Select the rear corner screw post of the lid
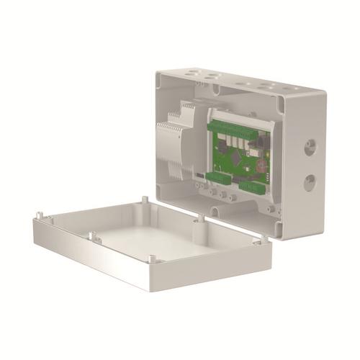[x=145, y=198]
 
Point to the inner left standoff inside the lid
[x=91, y=234]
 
